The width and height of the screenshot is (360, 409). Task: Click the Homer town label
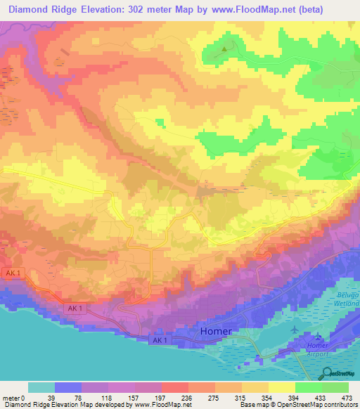pyautogui.click(x=216, y=330)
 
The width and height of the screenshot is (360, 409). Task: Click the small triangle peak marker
pyautogui.click(x=225, y=49)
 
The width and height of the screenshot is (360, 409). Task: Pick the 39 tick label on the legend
pyautogui.click(x=55, y=398)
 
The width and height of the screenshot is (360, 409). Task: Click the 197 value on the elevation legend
pyautogui.click(x=162, y=398)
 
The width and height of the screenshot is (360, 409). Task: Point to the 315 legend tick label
pyautogui.click(x=243, y=398)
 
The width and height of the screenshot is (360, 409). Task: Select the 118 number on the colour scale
pyautogui.click(x=108, y=398)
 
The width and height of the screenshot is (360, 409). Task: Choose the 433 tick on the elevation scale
pyautogui.click(x=322, y=398)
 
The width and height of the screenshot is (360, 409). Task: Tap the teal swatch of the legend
pyautogui.click(x=41, y=387)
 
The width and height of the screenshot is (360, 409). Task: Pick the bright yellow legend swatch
pyautogui.click(x=282, y=387)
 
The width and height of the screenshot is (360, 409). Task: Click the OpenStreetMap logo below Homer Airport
pyautogui.click(x=338, y=374)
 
